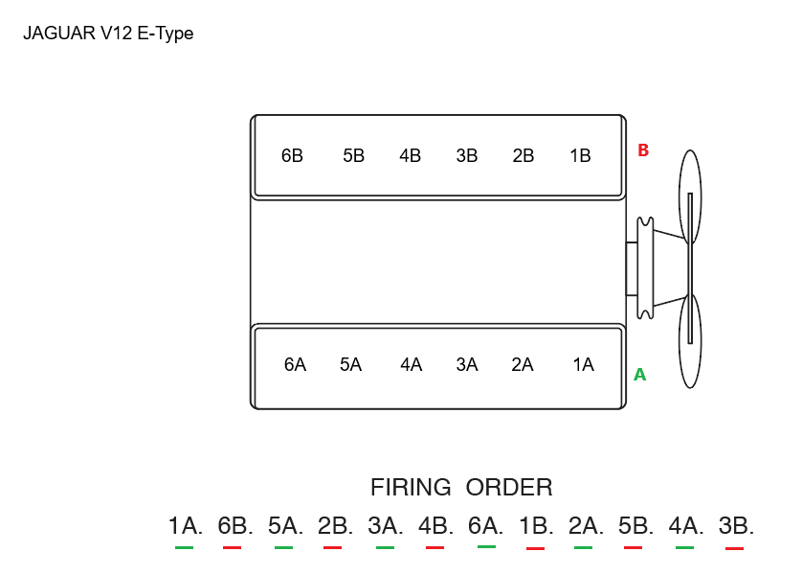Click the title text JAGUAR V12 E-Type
coord(108,34)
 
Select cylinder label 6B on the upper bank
coord(292,155)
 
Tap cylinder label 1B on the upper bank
coord(580,155)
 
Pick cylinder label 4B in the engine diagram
coord(410,155)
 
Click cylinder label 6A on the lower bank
coord(295,364)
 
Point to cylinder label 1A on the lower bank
coord(583,364)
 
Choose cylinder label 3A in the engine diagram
coord(467,364)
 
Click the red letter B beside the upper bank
coord(643,150)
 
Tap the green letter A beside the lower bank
coord(640,375)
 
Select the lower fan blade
coord(689,340)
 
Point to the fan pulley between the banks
coord(645,267)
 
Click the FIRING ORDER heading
coord(461,487)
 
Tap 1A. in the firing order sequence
coord(186,525)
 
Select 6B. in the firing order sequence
coord(235,525)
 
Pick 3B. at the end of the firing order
coord(736,525)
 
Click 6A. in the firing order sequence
coord(486,525)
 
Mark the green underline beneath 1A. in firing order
coord(185,547)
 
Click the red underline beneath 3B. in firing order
coord(734,548)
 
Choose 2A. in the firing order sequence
coord(586,525)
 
